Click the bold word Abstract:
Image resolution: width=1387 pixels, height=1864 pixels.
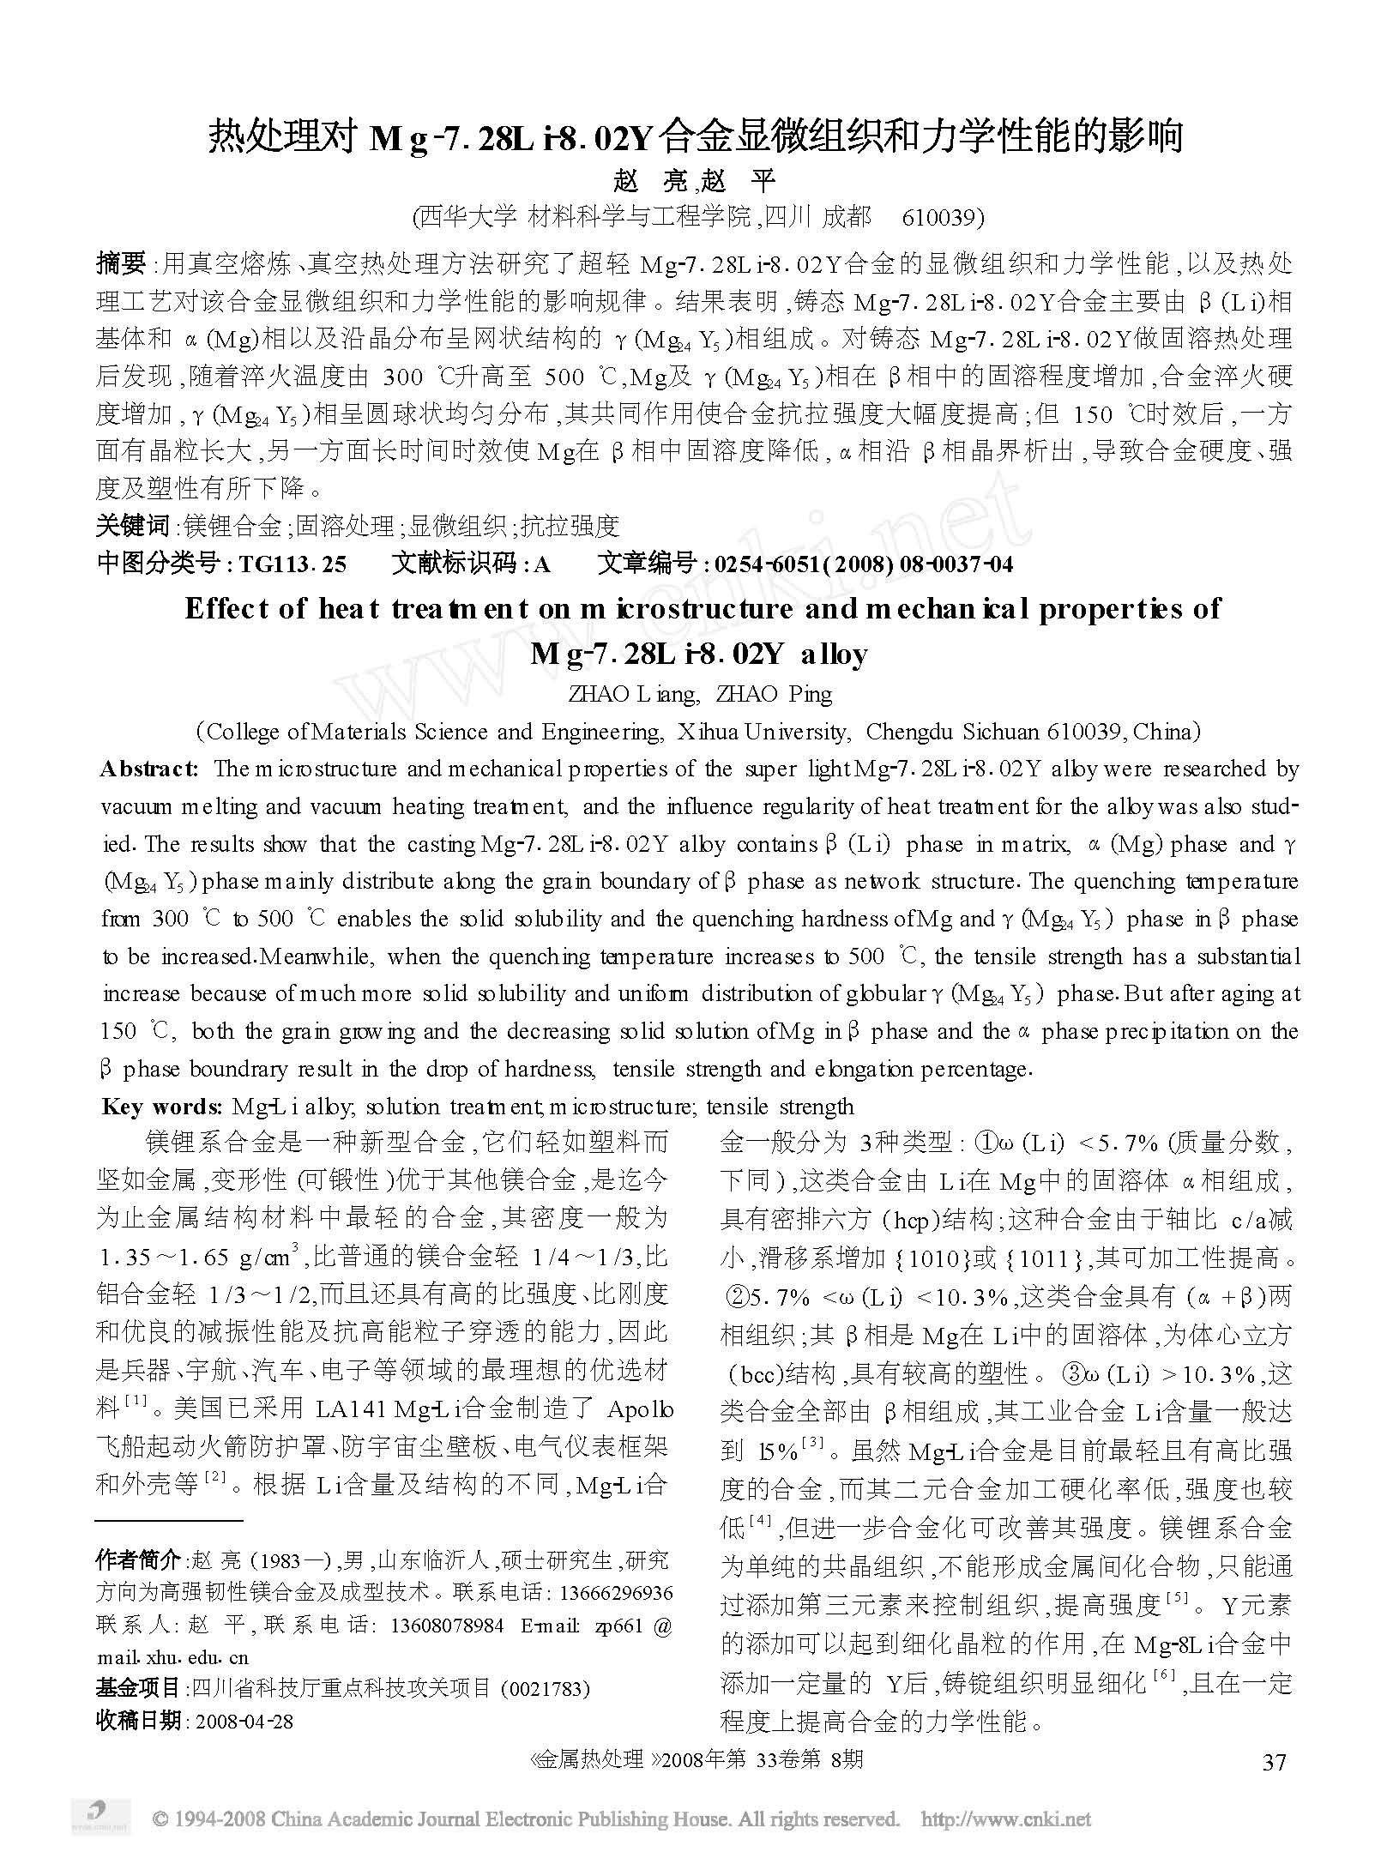tap(150, 769)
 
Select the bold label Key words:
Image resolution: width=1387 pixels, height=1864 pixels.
tap(162, 1107)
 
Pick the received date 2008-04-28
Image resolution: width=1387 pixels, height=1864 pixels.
tap(244, 1721)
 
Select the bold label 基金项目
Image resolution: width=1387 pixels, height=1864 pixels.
tap(138, 1688)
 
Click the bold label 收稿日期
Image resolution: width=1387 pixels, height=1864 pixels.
tap(138, 1721)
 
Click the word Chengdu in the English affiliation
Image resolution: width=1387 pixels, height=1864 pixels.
tap(910, 732)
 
